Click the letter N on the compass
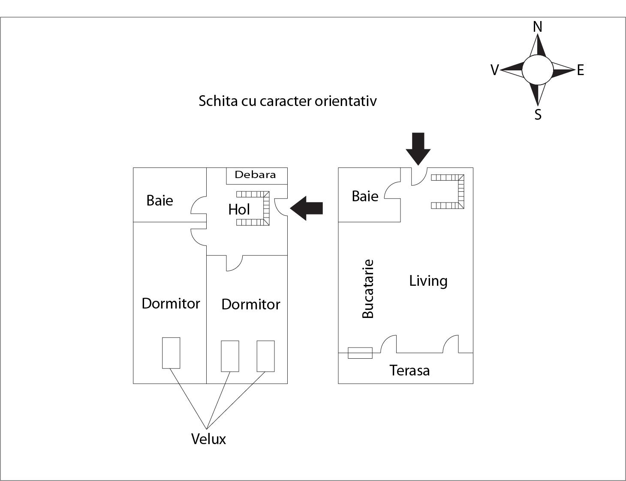pos(537,27)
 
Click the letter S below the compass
pos(538,115)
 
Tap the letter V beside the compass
pos(494,70)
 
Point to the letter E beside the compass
pos(580,70)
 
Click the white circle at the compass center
pos(538,70)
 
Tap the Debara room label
pos(255,175)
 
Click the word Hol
pos(239,209)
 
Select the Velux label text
pos(208,439)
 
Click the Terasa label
pos(409,370)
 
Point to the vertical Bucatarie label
pos(368,289)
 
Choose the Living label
pos(428,281)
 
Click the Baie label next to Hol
pos(160,200)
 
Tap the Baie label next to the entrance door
pos(365,196)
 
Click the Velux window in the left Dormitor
pos(171,353)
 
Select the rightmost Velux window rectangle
pos(265,356)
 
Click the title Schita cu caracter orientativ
pos(287,101)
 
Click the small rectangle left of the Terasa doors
pos(360,353)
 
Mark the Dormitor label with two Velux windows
pos(250,304)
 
